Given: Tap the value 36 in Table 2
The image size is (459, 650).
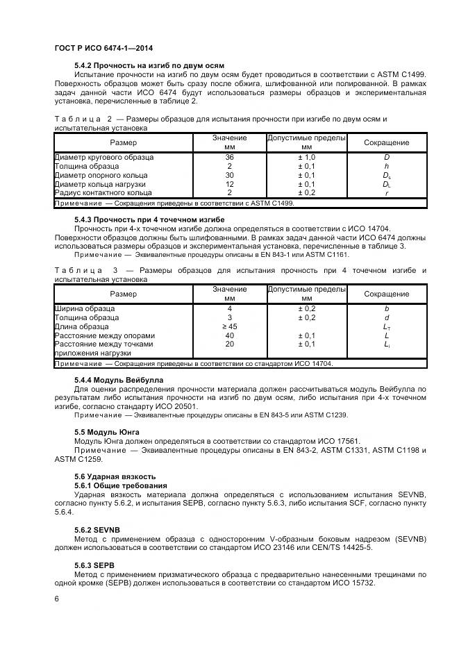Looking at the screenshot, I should (x=229, y=157).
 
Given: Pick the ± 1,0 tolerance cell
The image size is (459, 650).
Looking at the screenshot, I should (x=306, y=157).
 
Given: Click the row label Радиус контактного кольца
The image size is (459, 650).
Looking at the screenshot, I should (x=104, y=193).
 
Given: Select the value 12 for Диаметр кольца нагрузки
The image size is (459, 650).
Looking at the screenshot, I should (x=229, y=184).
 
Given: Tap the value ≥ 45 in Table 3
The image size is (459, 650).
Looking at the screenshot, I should (x=229, y=326).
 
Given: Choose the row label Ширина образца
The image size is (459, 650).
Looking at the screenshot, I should (x=85, y=308).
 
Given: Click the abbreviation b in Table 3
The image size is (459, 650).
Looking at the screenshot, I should (x=387, y=308).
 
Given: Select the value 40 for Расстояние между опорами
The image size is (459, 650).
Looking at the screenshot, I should (x=229, y=335).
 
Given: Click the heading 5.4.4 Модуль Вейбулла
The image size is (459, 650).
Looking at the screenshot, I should (x=118, y=380).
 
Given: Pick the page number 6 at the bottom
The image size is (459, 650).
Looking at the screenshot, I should (x=56, y=598).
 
